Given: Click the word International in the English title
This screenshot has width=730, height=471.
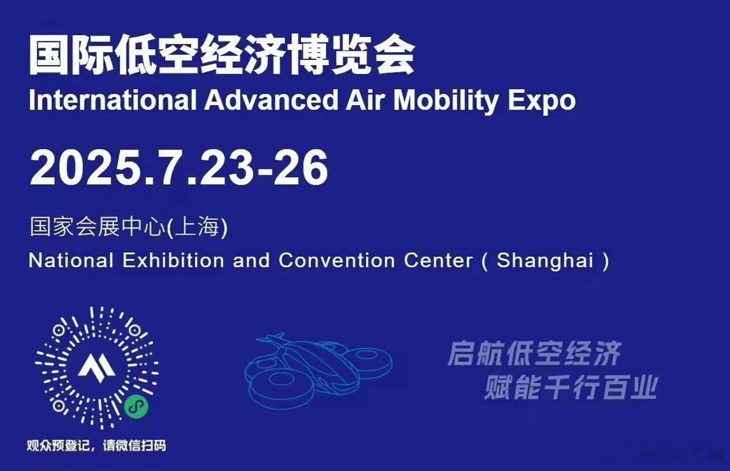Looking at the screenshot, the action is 113,99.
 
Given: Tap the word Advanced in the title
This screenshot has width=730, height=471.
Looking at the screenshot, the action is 272,99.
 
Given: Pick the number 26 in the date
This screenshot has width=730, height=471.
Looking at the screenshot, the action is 300,168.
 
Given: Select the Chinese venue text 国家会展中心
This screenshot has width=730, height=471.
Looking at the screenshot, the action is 98,227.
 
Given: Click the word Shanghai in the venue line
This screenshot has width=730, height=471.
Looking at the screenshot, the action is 545,261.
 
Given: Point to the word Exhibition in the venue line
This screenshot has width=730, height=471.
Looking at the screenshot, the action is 173,260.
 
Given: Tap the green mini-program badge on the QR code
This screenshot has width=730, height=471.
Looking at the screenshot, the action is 136,407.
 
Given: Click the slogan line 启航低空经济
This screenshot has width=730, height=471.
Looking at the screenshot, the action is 534,354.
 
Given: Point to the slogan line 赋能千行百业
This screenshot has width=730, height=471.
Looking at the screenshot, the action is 571,388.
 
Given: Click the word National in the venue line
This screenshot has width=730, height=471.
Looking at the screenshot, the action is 71,260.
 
